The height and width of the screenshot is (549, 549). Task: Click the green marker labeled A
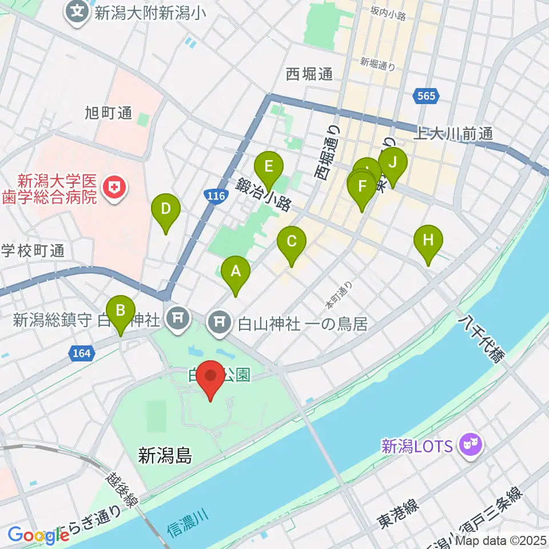(x=235, y=273)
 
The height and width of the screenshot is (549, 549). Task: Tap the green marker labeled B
(x=120, y=311)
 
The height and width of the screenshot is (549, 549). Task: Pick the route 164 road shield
(x=82, y=354)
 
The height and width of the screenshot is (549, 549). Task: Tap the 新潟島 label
(x=165, y=456)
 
